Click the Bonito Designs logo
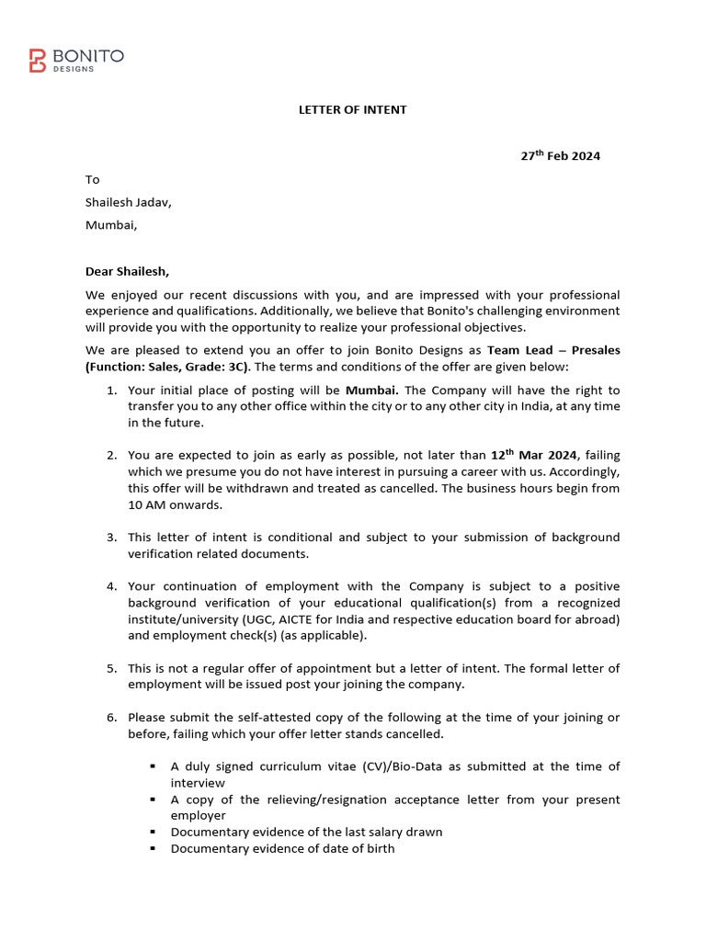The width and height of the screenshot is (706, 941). click(x=76, y=61)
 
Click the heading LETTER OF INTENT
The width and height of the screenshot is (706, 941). click(x=352, y=109)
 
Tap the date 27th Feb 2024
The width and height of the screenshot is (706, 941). click(x=560, y=156)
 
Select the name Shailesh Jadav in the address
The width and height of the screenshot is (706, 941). click(x=129, y=202)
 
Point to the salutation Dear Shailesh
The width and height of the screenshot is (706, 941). click(x=128, y=271)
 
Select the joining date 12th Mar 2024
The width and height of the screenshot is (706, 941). click(x=535, y=455)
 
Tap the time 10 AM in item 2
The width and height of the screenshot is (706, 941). click(x=145, y=505)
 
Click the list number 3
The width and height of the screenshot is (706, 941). click(x=110, y=537)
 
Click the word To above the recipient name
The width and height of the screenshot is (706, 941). click(x=93, y=179)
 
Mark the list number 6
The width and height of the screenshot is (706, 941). click(x=110, y=717)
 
